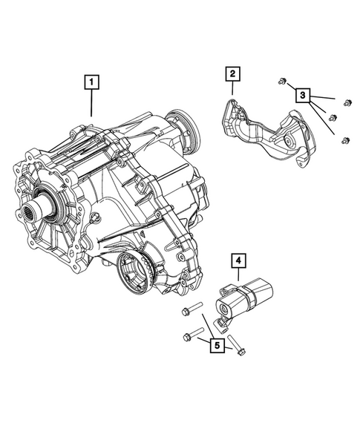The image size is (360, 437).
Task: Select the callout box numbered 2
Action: (232, 73)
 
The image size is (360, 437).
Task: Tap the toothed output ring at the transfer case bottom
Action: (136, 270)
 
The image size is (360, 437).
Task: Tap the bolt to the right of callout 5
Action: (237, 345)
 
